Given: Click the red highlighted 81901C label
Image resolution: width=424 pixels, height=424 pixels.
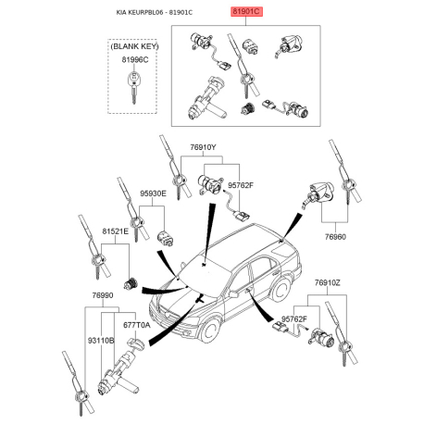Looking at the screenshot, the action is [247, 12].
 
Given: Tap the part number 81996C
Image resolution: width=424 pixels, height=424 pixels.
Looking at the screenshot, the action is [135, 60].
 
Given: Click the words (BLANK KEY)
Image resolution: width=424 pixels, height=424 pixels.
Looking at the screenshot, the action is [134, 46].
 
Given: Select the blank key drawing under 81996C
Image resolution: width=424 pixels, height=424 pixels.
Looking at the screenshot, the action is [133, 87].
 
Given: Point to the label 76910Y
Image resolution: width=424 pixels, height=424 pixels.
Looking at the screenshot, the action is [203, 147].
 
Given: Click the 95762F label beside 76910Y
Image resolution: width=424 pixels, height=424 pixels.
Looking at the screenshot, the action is [241, 185].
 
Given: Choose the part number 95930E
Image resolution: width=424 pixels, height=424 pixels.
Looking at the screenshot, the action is [153, 193].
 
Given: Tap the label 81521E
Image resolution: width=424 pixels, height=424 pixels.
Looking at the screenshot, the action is [115, 231].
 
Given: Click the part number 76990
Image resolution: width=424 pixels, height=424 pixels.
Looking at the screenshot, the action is [103, 295].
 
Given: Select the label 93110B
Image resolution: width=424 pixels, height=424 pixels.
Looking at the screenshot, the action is [101, 341].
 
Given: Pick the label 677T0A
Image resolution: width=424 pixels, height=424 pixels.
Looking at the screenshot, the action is [136, 325].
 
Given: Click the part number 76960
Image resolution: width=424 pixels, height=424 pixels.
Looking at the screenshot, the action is [335, 237].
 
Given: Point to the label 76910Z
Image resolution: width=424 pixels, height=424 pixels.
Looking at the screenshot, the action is [328, 282].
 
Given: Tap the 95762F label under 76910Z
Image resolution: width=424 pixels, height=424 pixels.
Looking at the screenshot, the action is [294, 318].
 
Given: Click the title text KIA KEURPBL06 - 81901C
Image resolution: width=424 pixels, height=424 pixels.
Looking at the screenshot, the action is [155, 13].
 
